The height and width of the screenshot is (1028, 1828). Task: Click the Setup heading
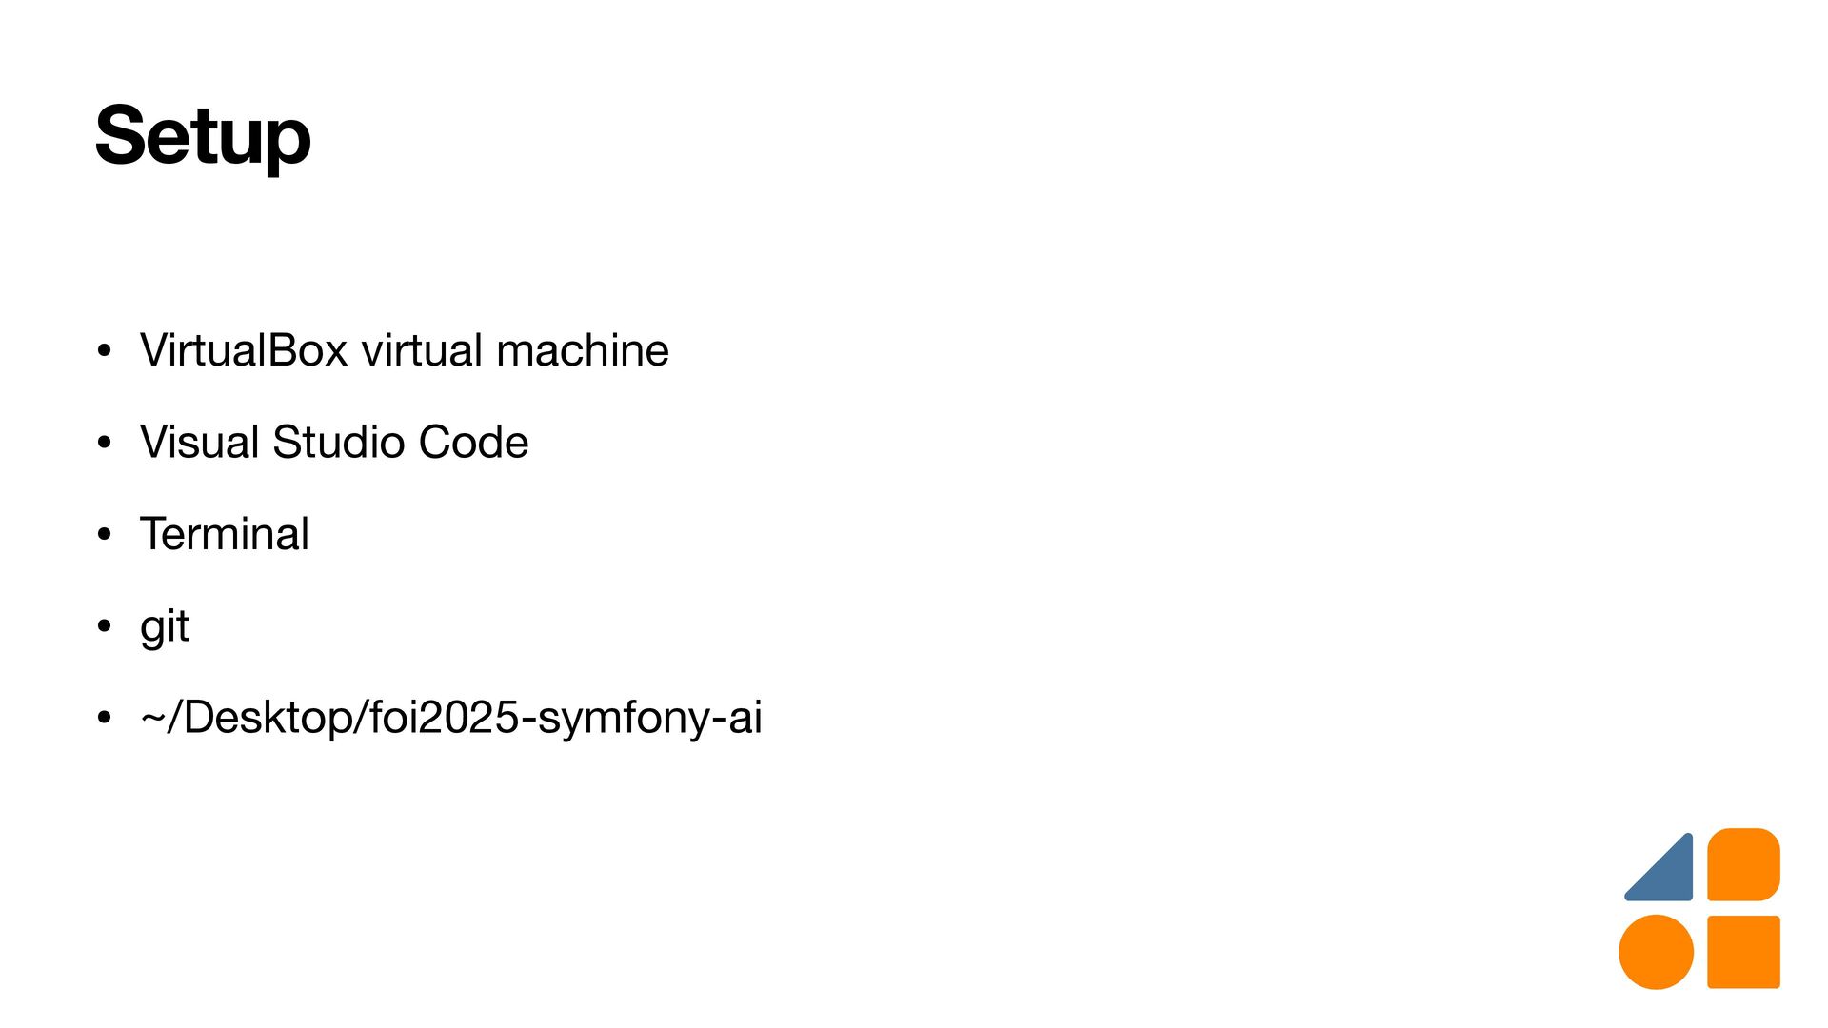pos(203,136)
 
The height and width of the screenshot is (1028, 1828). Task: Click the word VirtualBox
pos(244,350)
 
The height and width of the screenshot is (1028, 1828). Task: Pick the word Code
pos(473,442)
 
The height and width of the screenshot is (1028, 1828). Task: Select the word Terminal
pos(225,533)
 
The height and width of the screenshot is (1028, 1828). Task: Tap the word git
pos(165,626)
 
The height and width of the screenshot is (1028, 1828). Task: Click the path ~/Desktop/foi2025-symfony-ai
pos(451,717)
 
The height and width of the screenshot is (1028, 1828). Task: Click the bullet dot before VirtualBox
pos(105,350)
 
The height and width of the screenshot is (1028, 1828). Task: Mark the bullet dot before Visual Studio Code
pos(105,442)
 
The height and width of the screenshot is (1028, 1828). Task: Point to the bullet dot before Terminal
pos(105,534)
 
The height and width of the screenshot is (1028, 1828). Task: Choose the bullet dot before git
pos(105,625)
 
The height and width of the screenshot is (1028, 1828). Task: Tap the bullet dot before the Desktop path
pos(105,717)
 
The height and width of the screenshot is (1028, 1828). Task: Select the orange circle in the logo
pos(1657,952)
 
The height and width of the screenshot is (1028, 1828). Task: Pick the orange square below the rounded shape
pos(1743,952)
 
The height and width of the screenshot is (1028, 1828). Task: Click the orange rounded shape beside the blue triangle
pos(1743,864)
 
